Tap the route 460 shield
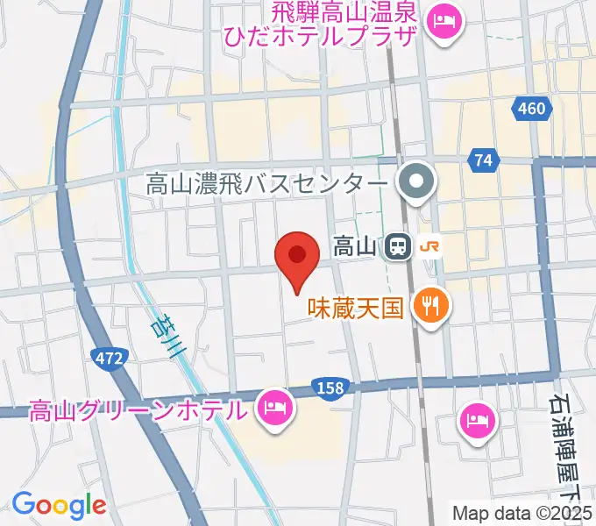tap(529, 110)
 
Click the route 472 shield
tap(110, 357)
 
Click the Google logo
tap(59, 505)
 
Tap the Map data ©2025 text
tap(522, 513)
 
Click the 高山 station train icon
tap(397, 247)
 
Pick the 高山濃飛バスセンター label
tap(266, 184)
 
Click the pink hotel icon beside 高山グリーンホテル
tap(273, 406)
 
